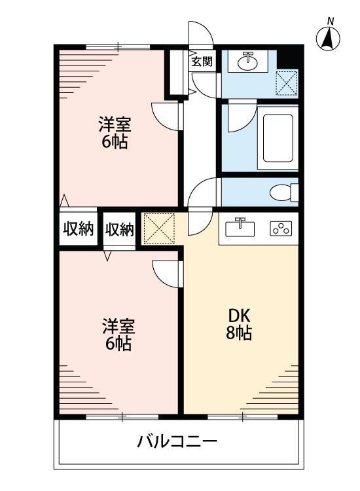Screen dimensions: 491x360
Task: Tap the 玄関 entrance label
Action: point(202,62)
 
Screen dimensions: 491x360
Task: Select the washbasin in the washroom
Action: point(247,62)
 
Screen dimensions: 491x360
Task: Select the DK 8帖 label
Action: point(239,323)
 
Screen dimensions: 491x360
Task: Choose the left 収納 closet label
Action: point(78,230)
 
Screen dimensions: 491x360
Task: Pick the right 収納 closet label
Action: point(120,230)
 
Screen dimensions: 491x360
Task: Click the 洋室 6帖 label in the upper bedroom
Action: point(114,132)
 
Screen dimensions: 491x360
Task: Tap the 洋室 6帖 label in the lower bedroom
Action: point(118,334)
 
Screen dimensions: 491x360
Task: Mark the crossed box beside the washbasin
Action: point(286,82)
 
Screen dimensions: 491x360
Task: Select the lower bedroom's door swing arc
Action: point(164,272)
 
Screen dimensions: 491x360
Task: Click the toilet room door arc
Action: point(200,192)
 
